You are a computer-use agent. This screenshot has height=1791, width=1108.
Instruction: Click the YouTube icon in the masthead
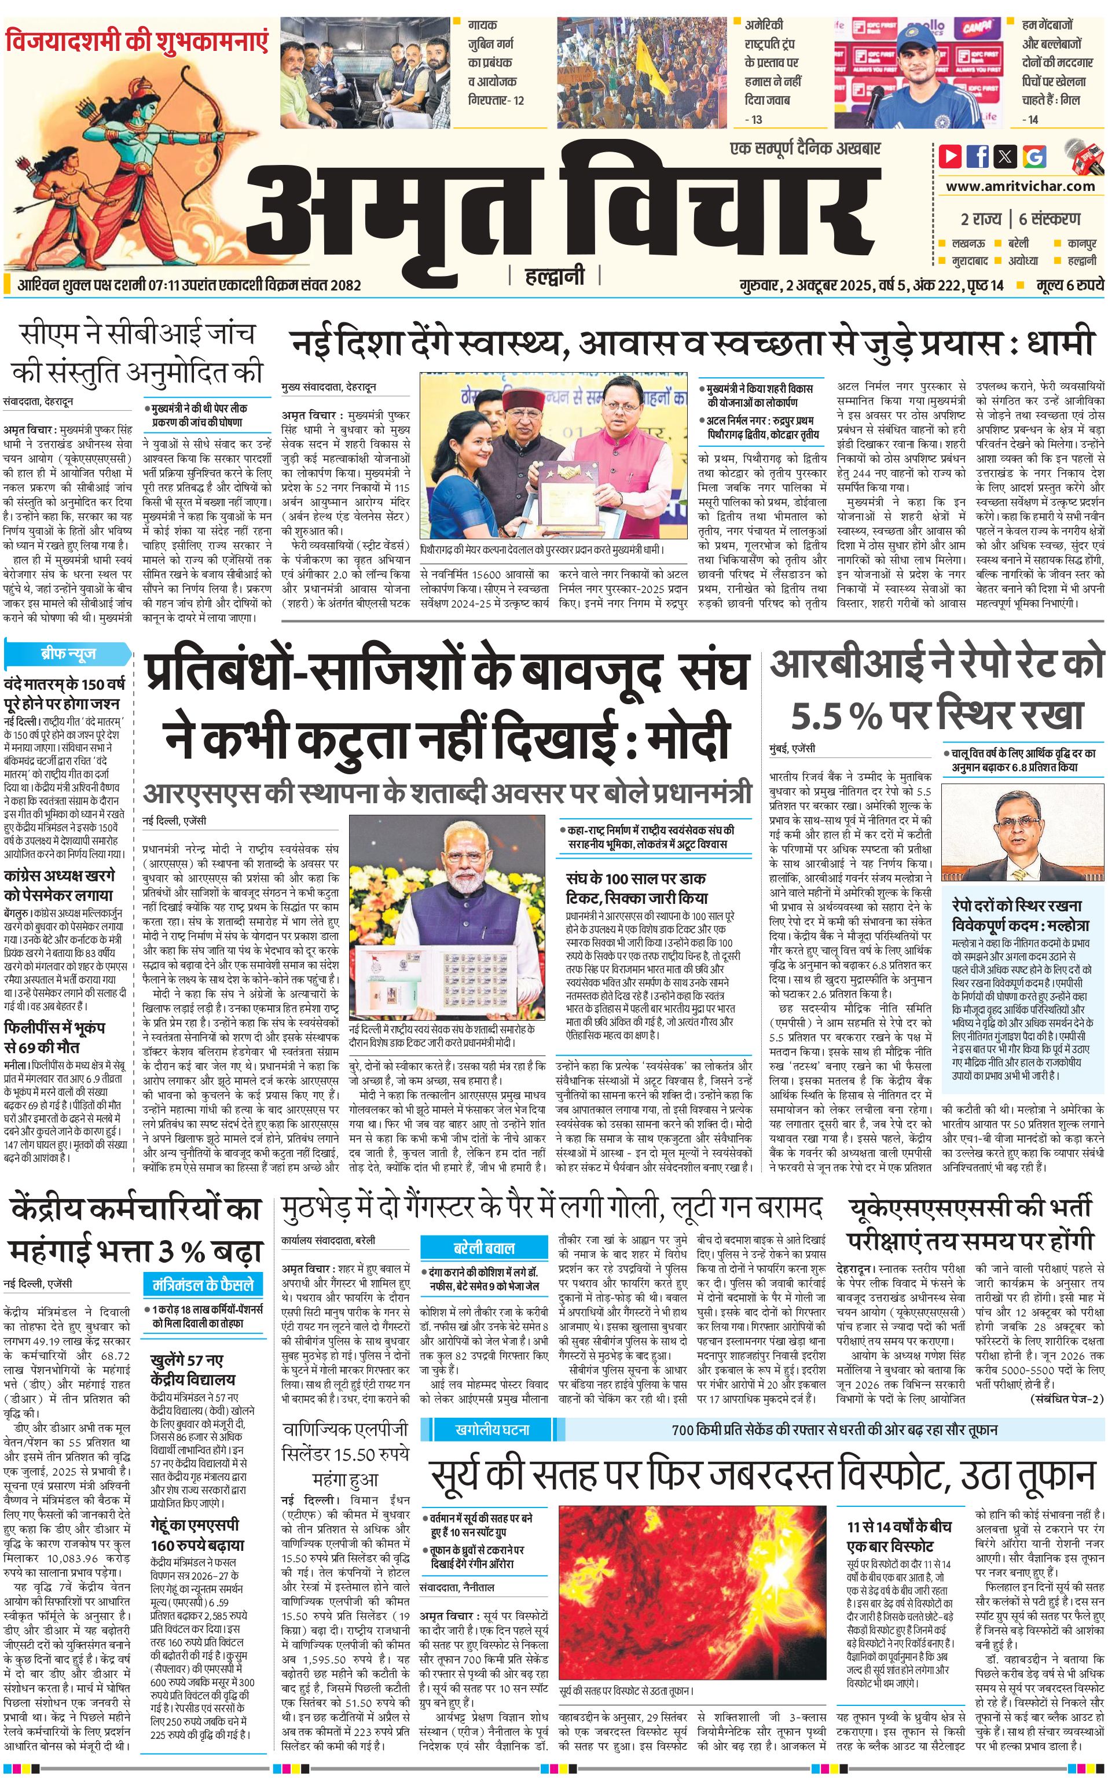point(950,156)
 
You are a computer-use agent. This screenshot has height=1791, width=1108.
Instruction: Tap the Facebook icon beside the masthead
point(978,156)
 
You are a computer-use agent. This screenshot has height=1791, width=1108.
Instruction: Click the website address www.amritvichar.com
point(1020,186)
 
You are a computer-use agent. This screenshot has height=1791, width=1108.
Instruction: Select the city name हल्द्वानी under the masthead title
point(555,276)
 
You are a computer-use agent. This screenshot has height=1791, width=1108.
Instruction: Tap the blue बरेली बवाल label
point(483,1248)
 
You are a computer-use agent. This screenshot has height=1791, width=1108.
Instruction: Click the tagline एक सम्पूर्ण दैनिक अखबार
point(805,149)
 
